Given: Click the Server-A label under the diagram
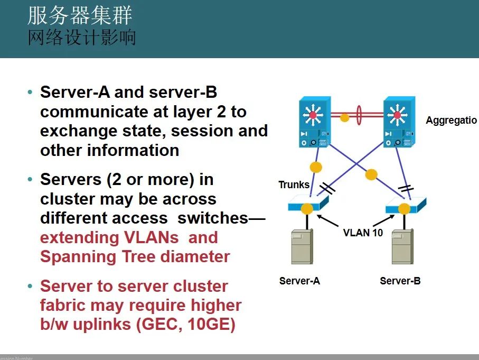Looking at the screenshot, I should [299, 281].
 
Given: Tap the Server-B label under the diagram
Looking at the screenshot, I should [400, 281].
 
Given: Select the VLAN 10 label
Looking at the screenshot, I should [363, 233].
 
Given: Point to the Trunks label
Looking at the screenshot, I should [294, 184].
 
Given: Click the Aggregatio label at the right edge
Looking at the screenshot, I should [451, 121].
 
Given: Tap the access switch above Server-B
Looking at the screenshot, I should [405, 206].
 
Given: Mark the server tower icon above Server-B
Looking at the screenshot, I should [402, 246].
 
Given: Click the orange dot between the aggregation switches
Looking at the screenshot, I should [344, 117].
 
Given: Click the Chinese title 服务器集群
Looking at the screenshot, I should [80, 16].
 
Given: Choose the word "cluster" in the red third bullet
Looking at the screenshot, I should [196, 286].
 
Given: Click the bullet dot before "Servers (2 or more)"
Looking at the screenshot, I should [30, 180].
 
